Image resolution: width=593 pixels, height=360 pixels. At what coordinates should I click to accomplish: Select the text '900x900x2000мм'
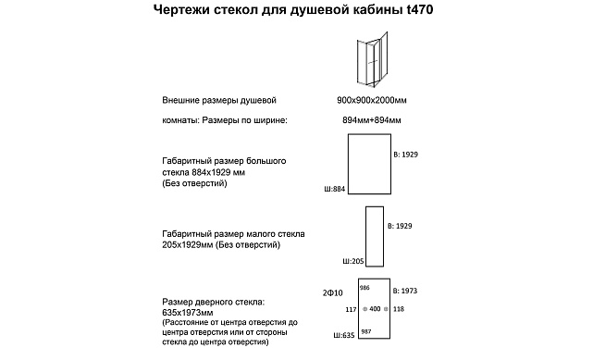point(370,100)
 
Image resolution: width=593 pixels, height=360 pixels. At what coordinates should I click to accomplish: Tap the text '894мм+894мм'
point(371,120)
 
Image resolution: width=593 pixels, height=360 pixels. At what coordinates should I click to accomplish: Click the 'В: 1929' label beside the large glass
point(406,153)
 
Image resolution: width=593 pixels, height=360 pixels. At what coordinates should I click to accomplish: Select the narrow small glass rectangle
point(375,236)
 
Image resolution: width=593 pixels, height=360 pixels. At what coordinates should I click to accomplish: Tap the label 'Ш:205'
point(353,262)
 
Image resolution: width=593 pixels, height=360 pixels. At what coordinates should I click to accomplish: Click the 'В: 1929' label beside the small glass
point(402,226)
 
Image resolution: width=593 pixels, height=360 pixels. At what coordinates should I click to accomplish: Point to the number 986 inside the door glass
point(364,288)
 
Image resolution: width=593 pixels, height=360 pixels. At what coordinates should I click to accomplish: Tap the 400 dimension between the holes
point(375,308)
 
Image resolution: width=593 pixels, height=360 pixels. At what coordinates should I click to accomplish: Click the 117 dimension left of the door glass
point(351,308)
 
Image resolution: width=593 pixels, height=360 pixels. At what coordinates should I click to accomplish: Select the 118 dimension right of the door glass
point(399,308)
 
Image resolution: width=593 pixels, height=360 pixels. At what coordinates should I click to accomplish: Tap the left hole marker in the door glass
point(364,308)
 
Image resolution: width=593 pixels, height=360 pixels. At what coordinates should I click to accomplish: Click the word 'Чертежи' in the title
point(180,11)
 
